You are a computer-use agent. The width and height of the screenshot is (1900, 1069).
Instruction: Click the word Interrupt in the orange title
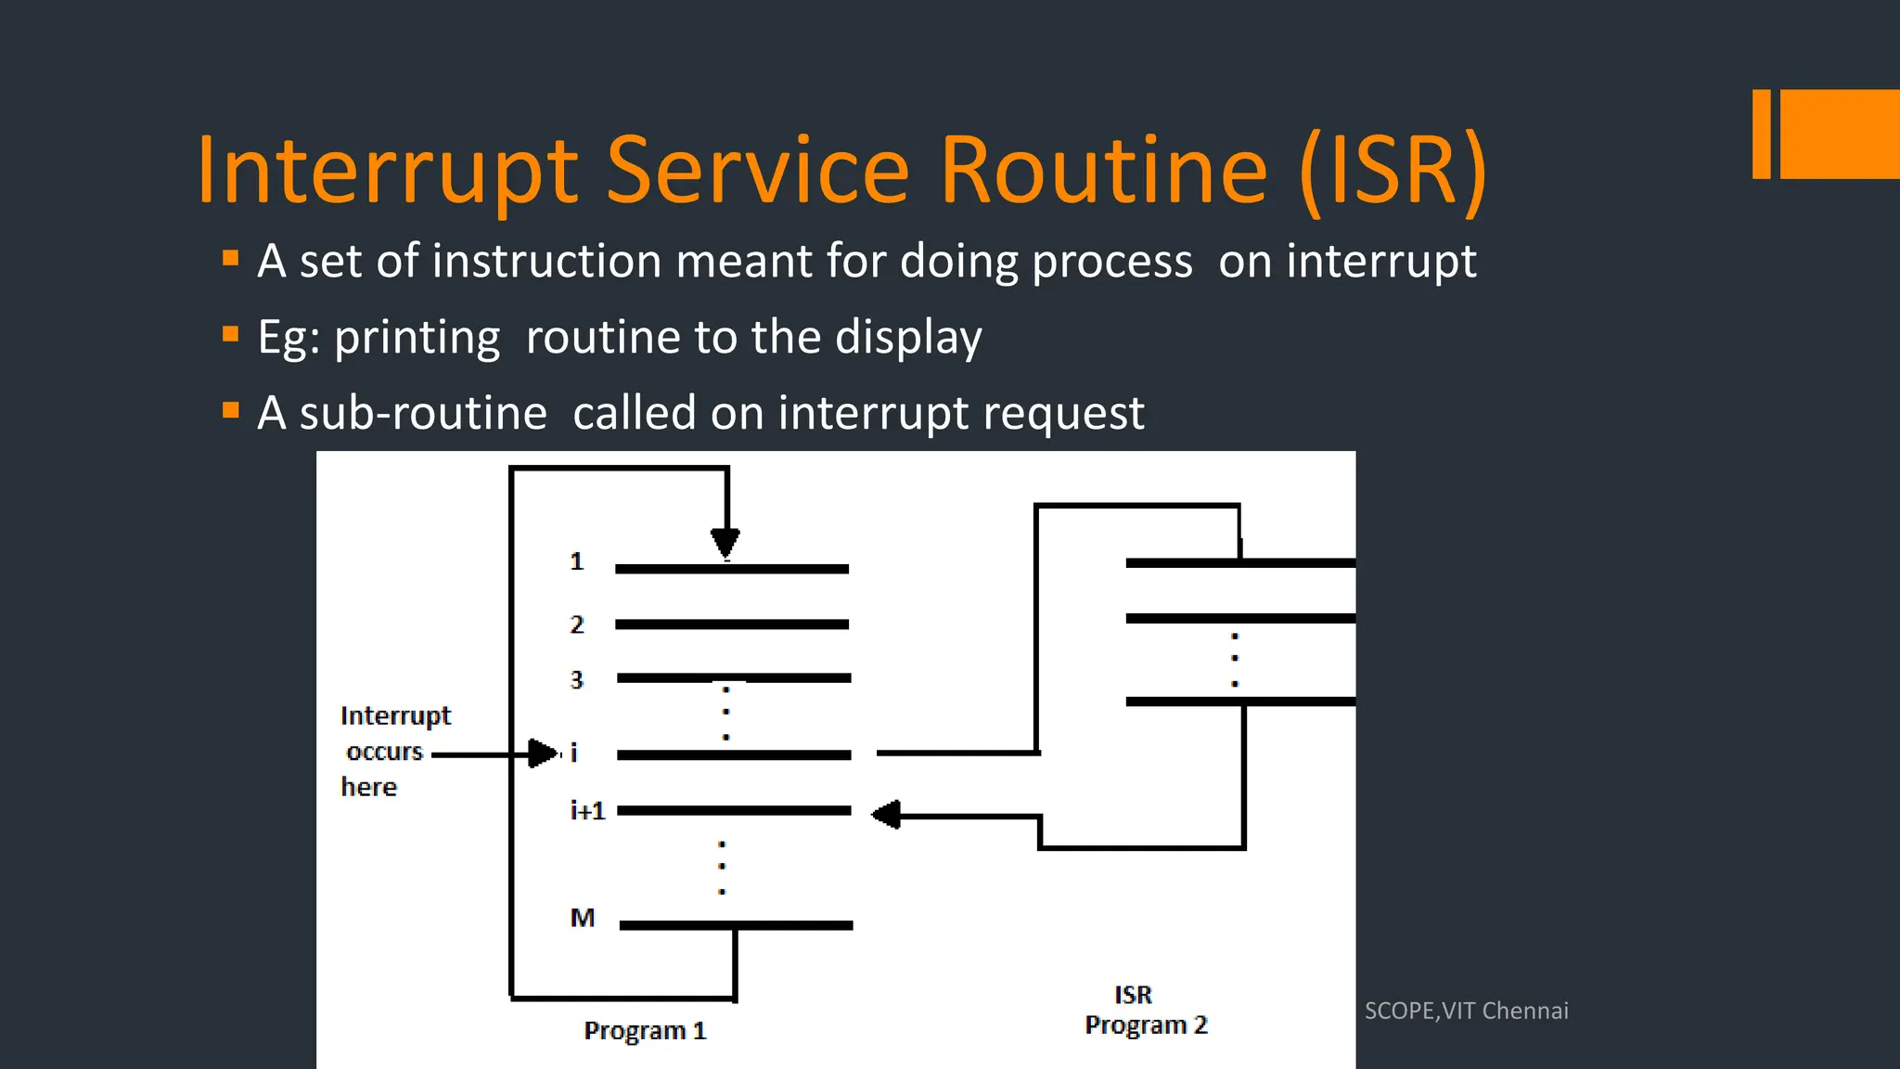[388, 171]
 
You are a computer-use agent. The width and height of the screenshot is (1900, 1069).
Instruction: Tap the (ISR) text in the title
[1392, 171]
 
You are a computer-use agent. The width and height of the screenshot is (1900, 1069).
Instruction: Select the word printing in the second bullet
[417, 337]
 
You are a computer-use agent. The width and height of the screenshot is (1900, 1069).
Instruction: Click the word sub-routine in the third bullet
[423, 413]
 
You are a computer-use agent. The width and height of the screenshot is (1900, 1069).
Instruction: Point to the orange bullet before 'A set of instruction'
[231, 258]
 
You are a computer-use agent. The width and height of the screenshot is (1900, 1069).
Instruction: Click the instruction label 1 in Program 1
[576, 561]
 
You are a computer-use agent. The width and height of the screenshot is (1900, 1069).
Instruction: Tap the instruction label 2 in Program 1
[576, 625]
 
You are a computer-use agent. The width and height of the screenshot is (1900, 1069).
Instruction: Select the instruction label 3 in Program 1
[576, 680]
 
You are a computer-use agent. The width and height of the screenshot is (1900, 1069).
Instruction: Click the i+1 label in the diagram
[587, 811]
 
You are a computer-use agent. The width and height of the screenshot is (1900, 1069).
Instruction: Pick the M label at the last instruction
[582, 918]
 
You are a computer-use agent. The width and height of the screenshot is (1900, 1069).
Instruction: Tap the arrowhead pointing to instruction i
[542, 753]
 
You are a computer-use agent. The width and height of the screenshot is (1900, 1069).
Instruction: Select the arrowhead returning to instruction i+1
[886, 815]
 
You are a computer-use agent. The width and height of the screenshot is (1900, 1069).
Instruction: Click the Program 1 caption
[645, 1031]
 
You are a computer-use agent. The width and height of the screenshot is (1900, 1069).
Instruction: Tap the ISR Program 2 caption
[1146, 1011]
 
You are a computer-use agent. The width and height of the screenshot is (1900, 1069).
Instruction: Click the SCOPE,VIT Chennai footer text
[1466, 1011]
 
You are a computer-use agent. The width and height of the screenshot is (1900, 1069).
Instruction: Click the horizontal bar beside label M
[736, 925]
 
